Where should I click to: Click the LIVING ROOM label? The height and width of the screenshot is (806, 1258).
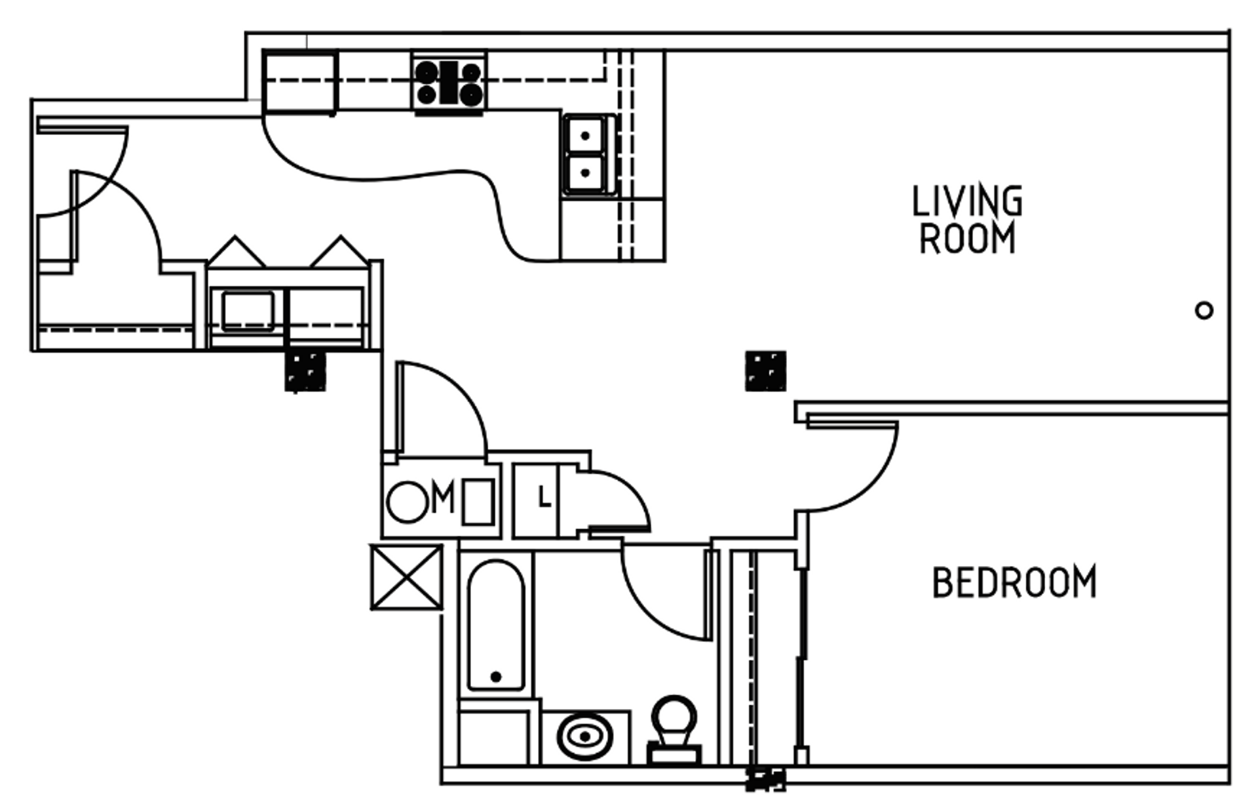coord(967,220)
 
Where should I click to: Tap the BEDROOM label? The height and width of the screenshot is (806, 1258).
coord(1014,582)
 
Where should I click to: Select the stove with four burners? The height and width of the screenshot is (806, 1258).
coord(449,83)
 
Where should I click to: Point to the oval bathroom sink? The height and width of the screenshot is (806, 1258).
coord(585,736)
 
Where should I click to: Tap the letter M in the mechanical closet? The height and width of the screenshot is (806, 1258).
coord(443,498)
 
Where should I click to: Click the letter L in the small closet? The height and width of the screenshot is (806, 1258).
coord(544,498)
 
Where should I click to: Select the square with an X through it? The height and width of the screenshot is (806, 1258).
coord(407,577)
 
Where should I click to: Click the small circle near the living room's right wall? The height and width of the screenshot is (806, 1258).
coord(1204,310)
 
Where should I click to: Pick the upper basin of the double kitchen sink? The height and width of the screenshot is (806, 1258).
coord(584,135)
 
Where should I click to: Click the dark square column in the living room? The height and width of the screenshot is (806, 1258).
coord(765,371)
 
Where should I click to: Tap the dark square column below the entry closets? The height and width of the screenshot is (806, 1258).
coord(305,371)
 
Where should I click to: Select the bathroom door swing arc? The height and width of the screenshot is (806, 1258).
coord(649,610)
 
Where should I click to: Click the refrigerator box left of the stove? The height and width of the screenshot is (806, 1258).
coord(300,83)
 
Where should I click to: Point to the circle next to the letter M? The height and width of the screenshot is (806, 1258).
coord(408,502)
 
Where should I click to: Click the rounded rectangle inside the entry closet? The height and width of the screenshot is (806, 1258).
coord(248,311)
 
